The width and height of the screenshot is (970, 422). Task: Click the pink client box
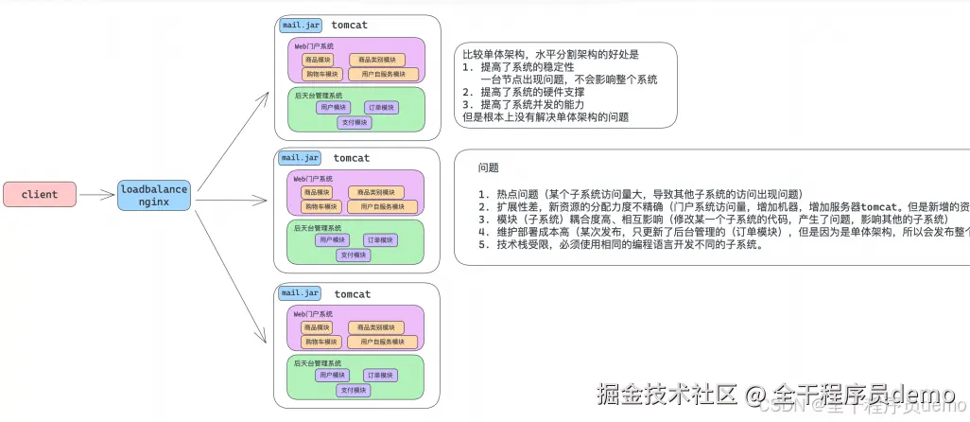39,194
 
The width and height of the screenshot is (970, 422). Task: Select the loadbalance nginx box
153,195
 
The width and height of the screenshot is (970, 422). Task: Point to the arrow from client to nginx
96,195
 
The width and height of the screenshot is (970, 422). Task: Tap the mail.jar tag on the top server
301,25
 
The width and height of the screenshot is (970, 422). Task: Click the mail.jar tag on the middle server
301,158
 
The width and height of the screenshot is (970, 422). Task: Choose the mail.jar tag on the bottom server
301,293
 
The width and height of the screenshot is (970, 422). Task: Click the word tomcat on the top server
351,25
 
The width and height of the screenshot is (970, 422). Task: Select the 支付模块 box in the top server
355,122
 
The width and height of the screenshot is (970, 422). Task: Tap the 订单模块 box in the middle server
381,240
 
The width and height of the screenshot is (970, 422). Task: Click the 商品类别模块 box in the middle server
383,192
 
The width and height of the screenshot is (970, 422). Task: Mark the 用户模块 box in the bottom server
333,375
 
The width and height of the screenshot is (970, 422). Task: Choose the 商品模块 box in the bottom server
317,326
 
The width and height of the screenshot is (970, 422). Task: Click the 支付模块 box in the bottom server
355,390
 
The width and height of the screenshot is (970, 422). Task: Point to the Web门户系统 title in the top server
313,45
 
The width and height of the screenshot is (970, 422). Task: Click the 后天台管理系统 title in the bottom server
318,362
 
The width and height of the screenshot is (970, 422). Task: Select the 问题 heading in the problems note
489,167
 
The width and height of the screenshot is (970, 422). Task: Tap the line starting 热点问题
643,193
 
